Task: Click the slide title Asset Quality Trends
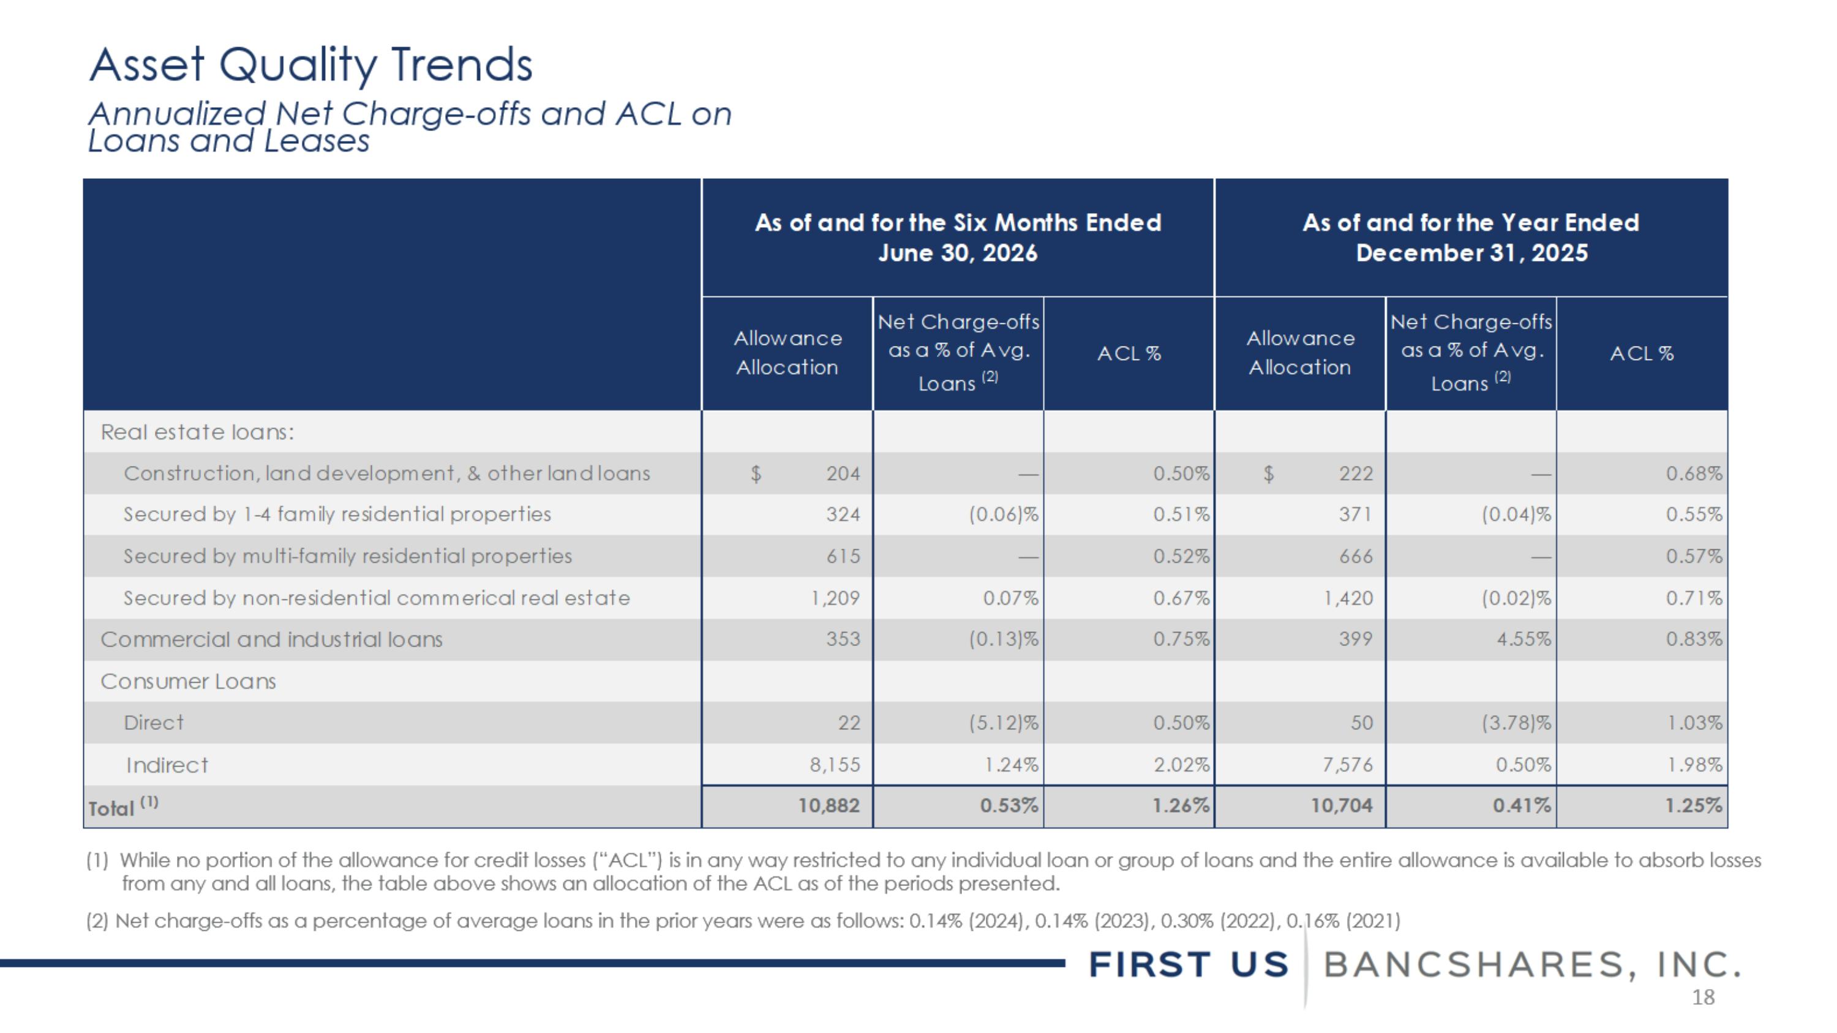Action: pos(311,66)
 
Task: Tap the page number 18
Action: pos(1703,997)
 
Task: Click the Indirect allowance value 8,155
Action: pos(835,765)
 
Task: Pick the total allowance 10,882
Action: pos(828,806)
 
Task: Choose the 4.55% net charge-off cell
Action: pos(1523,639)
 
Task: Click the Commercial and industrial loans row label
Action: pos(272,639)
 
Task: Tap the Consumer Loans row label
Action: pos(188,682)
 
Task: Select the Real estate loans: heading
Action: pos(198,432)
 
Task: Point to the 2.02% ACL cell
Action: pos(1181,765)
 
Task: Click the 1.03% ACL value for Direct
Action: pos(1694,723)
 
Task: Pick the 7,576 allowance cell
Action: pos(1347,765)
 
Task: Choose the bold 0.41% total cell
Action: pos(1522,806)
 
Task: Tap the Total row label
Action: pos(122,806)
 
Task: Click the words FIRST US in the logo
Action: pos(1189,965)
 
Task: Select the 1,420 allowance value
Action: pos(1348,598)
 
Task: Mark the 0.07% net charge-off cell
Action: pos(1010,598)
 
